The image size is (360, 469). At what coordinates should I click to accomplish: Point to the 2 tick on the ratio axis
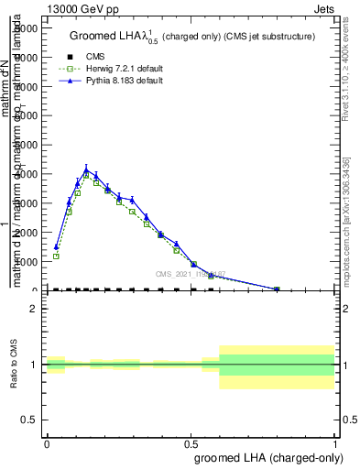tap(33, 309)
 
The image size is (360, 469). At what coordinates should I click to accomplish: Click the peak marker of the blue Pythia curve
tap(86, 170)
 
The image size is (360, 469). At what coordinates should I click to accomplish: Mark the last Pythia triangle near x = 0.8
tap(277, 289)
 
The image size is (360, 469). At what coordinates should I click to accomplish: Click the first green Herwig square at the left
tap(56, 256)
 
